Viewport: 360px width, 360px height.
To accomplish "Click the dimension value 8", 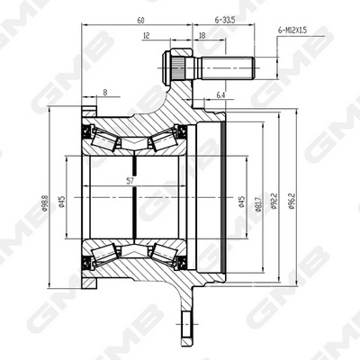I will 105,91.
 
